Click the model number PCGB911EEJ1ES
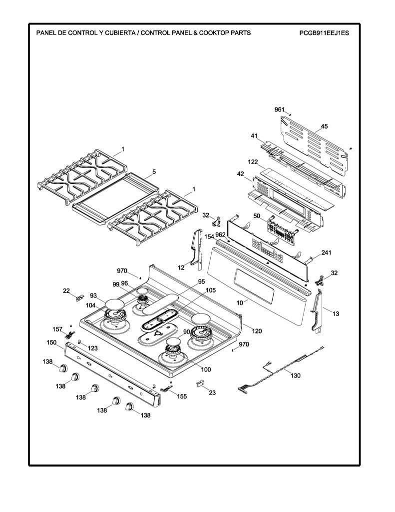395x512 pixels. (324, 32)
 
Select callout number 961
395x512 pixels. (280, 109)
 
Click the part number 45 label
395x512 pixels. (324, 126)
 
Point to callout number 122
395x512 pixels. (253, 162)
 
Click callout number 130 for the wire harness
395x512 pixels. (295, 375)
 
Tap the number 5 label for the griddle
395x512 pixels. (154, 172)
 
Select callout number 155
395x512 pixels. (182, 396)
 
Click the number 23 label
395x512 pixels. (212, 393)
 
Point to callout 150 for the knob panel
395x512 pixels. (51, 342)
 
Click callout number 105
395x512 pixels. (210, 290)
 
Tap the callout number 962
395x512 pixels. (221, 235)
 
